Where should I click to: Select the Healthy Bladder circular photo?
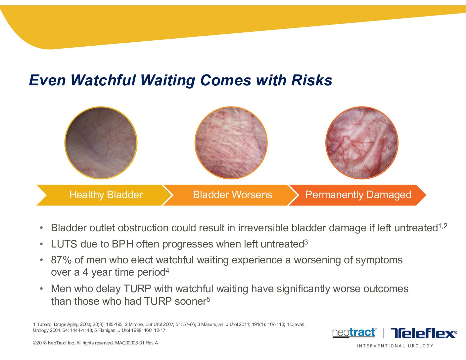point(101,143)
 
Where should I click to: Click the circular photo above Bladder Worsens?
point(231,143)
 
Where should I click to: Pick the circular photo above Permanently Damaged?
point(362,143)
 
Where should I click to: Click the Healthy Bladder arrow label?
point(106,195)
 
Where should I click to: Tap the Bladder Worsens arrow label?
point(232,195)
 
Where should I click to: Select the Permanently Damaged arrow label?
point(358,195)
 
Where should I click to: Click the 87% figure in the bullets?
point(61,260)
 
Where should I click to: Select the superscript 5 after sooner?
point(209,299)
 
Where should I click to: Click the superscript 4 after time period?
point(167,271)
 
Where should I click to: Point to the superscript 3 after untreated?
point(306,242)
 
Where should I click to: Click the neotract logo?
point(354,333)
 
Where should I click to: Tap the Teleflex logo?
point(424,333)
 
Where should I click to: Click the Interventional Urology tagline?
point(395,346)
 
